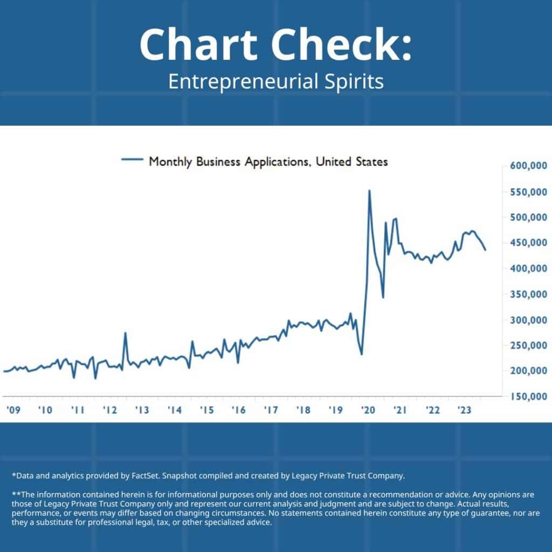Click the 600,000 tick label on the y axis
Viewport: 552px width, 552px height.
point(528,167)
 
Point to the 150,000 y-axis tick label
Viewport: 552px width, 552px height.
point(528,397)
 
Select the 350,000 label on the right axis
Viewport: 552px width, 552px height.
point(528,294)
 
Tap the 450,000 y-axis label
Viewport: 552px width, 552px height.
point(528,243)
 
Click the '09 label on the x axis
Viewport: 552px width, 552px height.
point(13,410)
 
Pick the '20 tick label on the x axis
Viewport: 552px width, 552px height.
point(368,410)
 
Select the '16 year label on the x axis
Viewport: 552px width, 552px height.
point(239,410)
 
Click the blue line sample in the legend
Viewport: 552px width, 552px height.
point(133,160)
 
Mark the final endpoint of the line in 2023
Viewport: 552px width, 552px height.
point(485,250)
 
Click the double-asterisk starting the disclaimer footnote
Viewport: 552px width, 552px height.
point(16,493)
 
